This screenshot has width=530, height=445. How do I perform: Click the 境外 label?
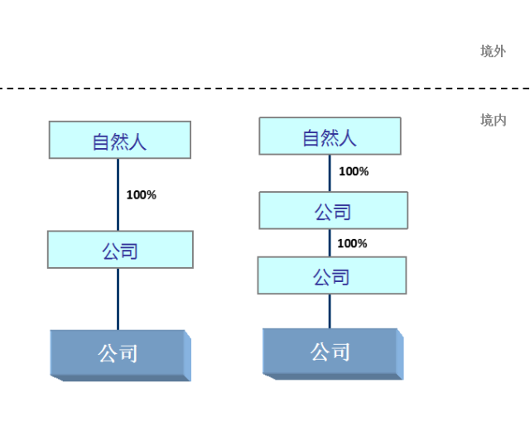coord(493,51)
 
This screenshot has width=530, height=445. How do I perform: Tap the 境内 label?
coord(493,120)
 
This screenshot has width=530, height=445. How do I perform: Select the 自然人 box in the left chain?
coord(120,140)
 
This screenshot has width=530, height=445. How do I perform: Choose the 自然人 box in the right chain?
coord(330,136)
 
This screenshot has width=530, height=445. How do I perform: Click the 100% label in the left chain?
coord(141,195)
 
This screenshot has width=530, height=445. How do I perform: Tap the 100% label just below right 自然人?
coord(354,172)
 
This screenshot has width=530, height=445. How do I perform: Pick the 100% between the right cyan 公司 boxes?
coord(352,243)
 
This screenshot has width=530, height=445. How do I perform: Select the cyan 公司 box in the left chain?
coord(120,250)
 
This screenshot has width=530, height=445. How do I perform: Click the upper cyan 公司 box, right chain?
coord(333,211)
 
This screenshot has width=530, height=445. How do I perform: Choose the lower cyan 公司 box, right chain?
coord(331,275)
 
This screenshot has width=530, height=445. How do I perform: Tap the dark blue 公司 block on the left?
coord(118,353)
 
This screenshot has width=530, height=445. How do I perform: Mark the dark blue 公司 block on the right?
coord(330,352)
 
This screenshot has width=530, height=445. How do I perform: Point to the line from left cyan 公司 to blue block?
coord(118,299)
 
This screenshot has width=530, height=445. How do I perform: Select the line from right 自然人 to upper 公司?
coord(330,174)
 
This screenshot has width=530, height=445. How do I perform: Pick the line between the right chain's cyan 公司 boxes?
coord(330,243)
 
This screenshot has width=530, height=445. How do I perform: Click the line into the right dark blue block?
coord(330,311)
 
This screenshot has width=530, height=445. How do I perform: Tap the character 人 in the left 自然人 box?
coord(137,141)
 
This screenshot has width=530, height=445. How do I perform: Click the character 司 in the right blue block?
coord(340,352)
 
